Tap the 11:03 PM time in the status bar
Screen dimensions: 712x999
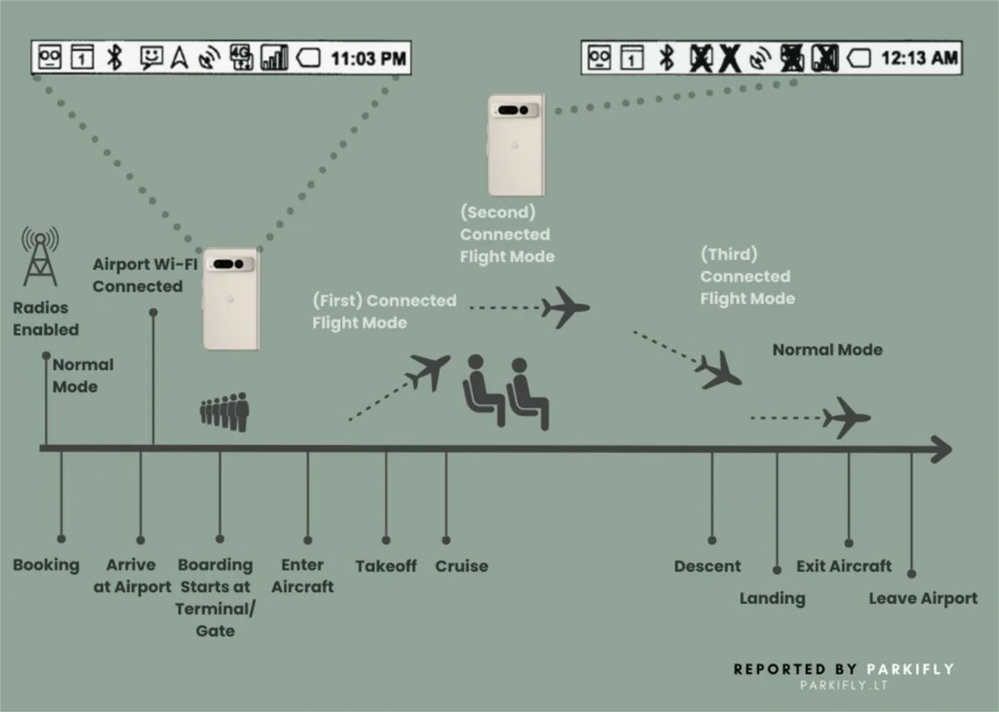(369, 58)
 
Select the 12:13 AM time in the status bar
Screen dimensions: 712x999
(919, 58)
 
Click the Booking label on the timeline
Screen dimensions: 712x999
(46, 566)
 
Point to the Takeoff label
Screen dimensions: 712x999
(386, 566)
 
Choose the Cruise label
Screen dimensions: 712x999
(461, 566)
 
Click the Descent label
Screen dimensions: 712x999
(708, 566)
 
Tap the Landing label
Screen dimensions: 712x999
(773, 599)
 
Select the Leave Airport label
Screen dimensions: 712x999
(923, 599)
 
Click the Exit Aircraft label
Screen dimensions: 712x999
(844, 566)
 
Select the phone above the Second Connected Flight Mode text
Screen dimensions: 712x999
(516, 146)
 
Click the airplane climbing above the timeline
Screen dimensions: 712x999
(430, 371)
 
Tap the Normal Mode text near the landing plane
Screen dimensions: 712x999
(828, 350)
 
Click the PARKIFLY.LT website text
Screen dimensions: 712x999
(843, 685)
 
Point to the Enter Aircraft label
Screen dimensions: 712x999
(302, 576)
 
